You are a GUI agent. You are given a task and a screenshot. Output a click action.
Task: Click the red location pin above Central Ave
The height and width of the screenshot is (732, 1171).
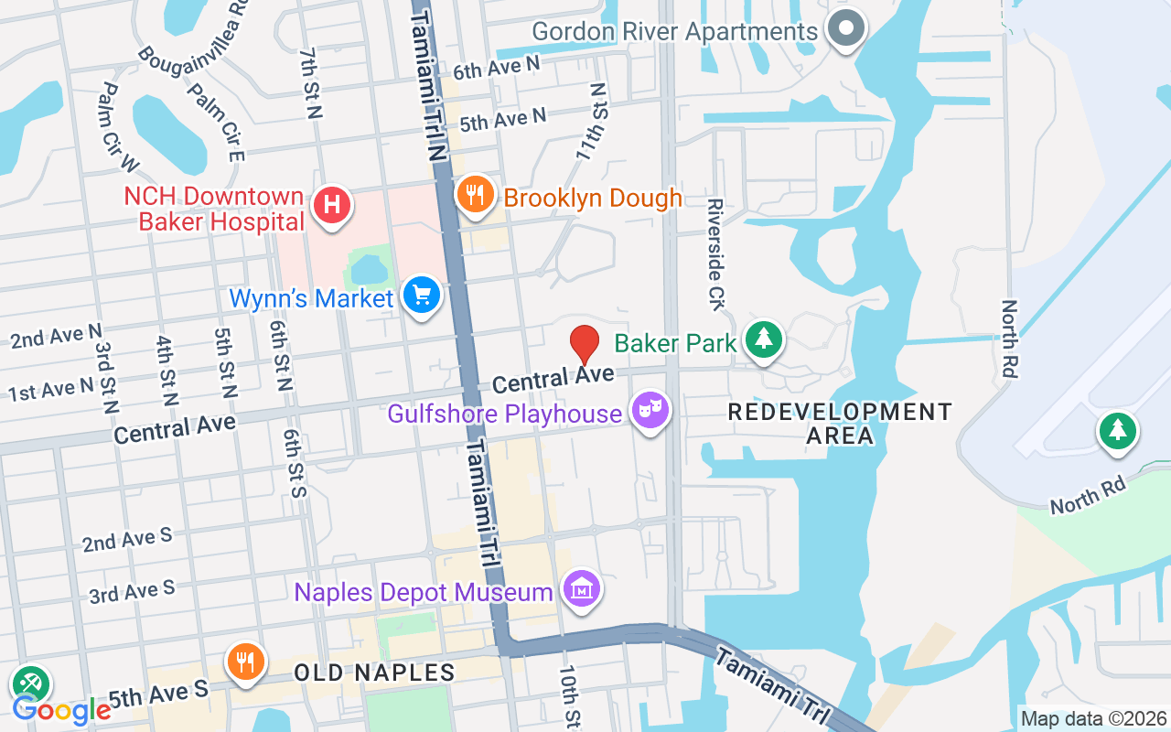coord(585,344)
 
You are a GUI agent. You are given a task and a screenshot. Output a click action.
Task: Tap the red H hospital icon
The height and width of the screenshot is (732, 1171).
coord(332,204)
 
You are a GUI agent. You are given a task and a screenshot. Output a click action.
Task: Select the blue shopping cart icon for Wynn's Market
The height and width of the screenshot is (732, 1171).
coord(422,296)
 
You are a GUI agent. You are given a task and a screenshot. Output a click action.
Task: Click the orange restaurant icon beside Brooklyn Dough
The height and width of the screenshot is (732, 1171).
coord(475,196)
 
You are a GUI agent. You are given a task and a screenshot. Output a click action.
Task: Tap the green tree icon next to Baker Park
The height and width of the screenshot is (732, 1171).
coord(764,339)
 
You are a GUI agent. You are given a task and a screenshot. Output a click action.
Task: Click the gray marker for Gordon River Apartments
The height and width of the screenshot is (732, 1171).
coord(846,28)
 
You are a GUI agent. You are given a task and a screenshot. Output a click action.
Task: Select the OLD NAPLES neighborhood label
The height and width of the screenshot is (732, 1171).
coord(374,673)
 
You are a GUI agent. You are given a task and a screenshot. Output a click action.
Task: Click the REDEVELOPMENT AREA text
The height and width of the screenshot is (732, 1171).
coord(840,424)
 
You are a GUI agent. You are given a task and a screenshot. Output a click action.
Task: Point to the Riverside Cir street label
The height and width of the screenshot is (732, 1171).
coord(715,253)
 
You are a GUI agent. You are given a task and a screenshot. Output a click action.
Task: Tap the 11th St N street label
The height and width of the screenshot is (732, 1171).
coord(591,123)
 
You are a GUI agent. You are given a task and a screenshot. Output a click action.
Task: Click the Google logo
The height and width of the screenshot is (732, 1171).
coord(61,709)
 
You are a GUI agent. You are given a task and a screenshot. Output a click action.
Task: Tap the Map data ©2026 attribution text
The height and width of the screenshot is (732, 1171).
coord(1094,719)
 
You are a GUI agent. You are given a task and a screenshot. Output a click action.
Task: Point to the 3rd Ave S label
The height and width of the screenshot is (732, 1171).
coord(132,593)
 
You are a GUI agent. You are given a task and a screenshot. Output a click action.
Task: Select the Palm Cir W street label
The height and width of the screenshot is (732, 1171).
coord(119,126)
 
